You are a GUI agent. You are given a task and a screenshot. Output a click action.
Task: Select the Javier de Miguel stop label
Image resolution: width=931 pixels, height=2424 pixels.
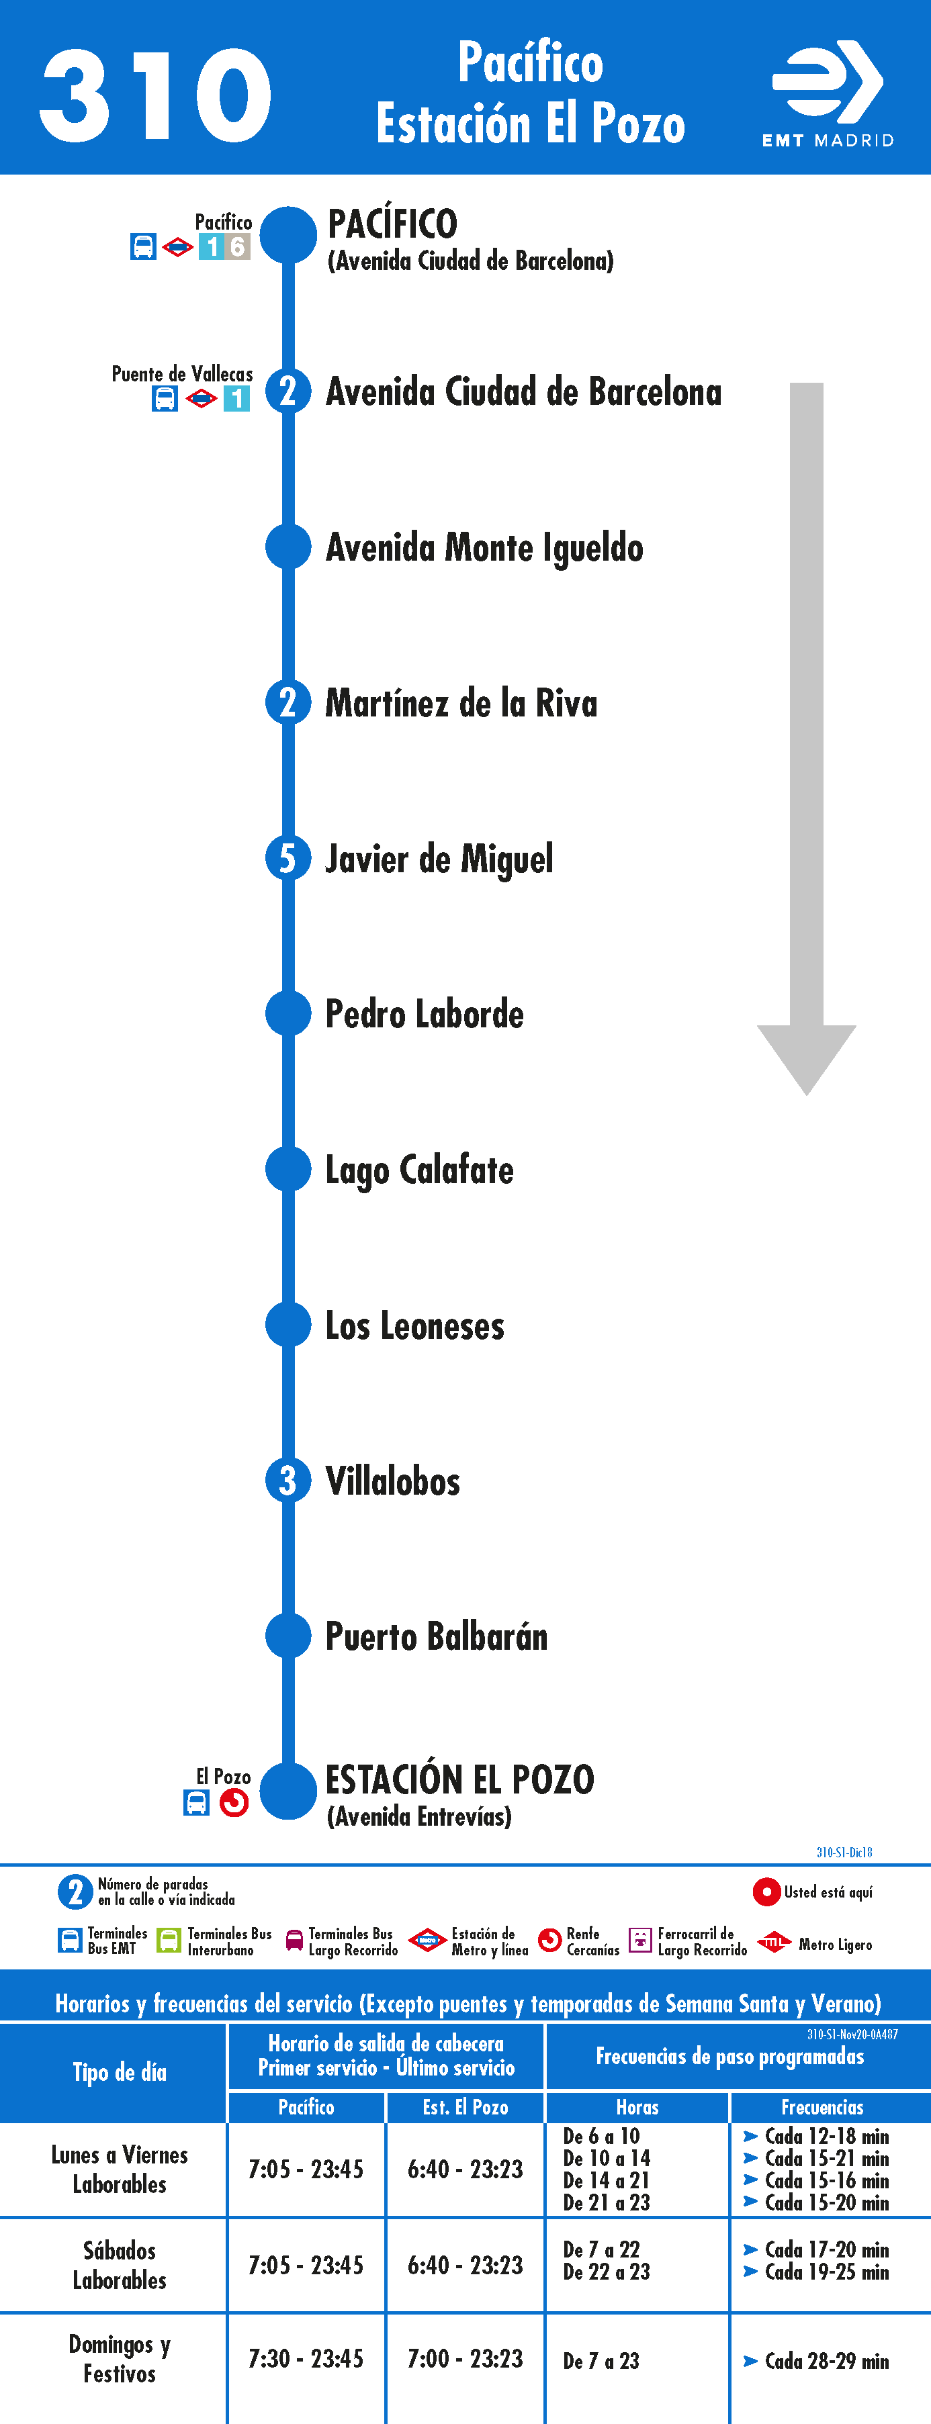coord(439,859)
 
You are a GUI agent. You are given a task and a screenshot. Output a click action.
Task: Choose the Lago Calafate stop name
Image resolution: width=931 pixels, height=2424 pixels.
coord(419,1170)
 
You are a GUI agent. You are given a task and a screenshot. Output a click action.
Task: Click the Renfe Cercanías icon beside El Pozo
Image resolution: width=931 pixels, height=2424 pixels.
coord(234,1802)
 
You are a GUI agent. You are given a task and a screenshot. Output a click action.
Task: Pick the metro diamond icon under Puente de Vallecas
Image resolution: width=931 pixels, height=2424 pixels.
coord(202,399)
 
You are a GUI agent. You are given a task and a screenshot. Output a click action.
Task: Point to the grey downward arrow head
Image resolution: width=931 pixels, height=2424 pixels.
coord(807,1060)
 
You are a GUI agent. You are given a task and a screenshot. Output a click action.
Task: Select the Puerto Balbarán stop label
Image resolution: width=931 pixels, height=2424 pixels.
coord(436,1636)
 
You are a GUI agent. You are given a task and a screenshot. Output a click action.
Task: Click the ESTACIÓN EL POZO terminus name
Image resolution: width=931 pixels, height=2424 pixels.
coord(459,1779)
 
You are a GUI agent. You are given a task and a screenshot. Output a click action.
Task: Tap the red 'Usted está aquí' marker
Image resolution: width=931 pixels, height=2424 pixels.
coord(766,1892)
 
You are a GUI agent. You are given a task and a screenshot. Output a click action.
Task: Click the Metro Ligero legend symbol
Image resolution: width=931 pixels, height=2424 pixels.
coord(774,1941)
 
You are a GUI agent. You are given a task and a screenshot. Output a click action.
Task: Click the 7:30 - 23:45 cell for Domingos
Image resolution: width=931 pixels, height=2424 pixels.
coord(306,2358)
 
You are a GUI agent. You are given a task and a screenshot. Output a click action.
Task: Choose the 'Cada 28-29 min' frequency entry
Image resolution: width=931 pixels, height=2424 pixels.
coord(826,2360)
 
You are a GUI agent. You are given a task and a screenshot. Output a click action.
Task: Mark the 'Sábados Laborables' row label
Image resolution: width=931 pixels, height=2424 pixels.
coord(120,2265)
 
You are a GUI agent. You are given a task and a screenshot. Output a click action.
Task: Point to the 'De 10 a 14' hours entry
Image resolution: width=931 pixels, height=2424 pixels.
coord(607,2157)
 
